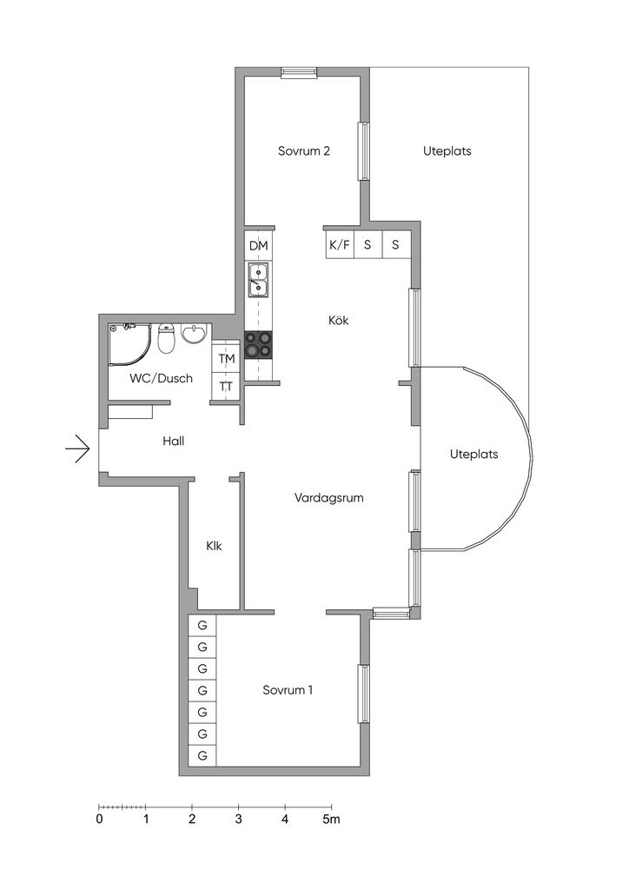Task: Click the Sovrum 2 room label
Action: click(303, 151)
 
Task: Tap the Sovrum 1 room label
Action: click(288, 690)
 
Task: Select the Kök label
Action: click(338, 320)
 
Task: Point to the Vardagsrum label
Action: click(329, 498)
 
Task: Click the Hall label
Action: click(174, 441)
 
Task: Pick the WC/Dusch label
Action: click(161, 379)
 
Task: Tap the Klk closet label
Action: click(214, 546)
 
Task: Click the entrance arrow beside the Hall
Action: click(77, 449)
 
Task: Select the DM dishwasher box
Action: click(259, 246)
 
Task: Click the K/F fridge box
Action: click(340, 245)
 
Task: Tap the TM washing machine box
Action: click(226, 359)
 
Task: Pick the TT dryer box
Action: click(226, 387)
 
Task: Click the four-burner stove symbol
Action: click(259, 345)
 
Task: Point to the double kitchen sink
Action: click(259, 281)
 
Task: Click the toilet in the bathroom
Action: click(166, 338)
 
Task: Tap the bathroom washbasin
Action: click(195, 335)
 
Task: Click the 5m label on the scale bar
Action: click(332, 819)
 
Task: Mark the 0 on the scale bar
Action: click(100, 819)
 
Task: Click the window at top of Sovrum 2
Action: click(299, 71)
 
